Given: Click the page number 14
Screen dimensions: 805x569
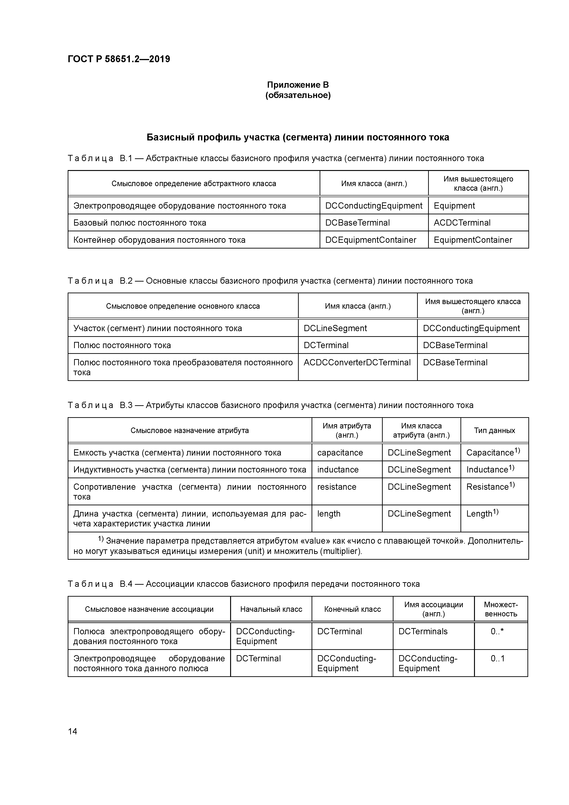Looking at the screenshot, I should coord(73,731).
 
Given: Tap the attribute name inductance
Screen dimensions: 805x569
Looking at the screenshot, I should coord(337,470).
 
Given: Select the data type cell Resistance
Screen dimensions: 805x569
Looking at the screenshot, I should coord(490,487).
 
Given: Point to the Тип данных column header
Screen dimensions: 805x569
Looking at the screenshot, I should coord(494,430).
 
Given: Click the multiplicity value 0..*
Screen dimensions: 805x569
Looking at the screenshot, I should coord(497,632).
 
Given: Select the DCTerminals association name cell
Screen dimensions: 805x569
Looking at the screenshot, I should coord(423,632).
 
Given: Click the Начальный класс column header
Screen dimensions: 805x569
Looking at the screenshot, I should coord(271,609).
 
